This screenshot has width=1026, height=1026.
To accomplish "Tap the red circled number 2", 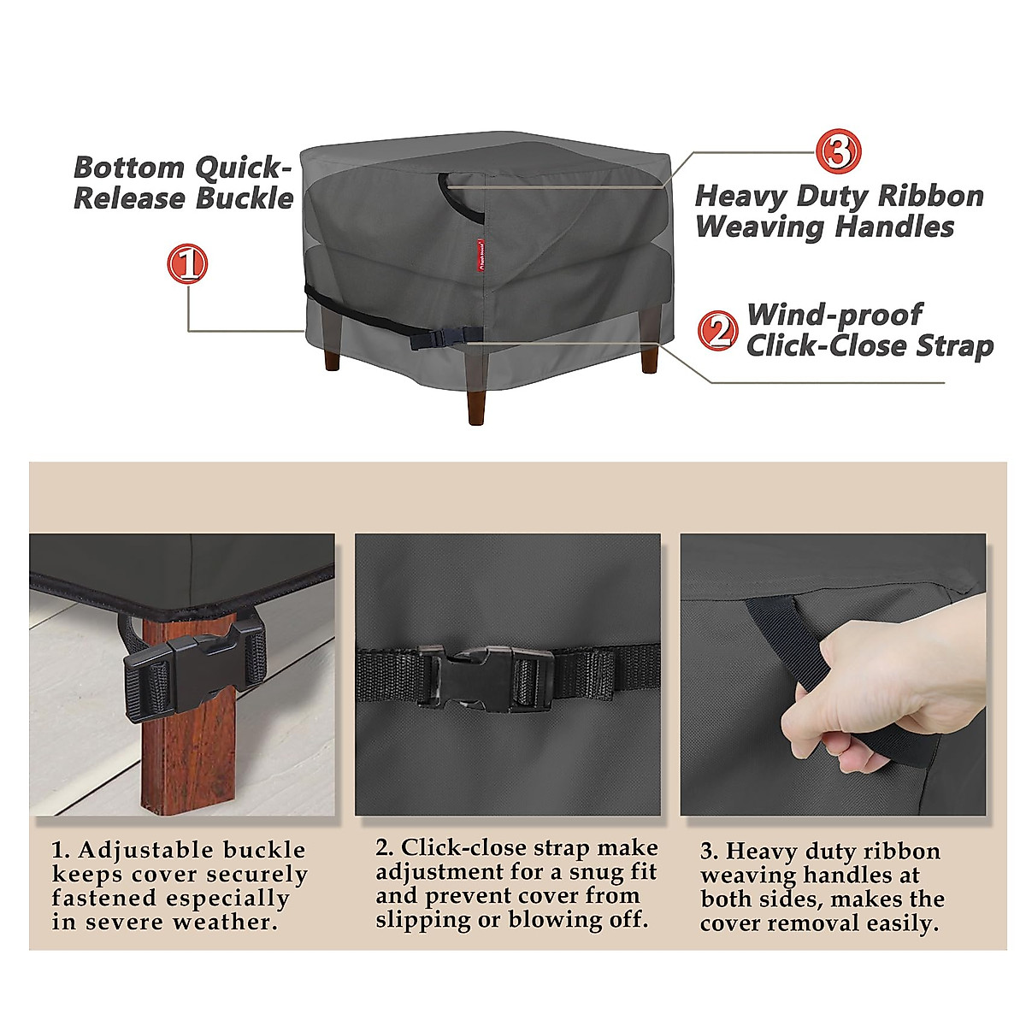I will tap(717, 330).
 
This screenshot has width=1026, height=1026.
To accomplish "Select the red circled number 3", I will tap(836, 151).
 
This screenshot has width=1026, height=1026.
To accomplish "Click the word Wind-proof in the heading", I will tap(834, 314).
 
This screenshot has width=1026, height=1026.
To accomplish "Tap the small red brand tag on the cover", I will tap(481, 254).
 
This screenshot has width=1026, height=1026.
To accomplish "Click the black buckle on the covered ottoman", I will tap(433, 339).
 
